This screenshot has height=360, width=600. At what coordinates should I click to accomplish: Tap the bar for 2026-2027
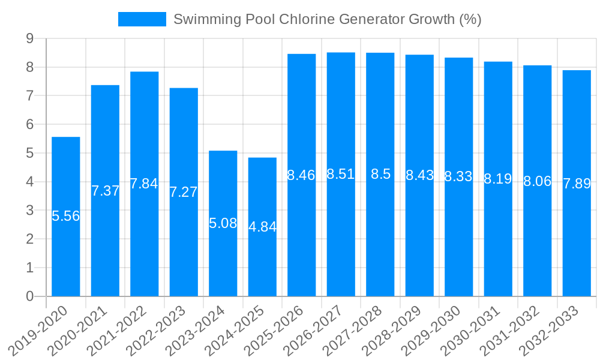[341, 240]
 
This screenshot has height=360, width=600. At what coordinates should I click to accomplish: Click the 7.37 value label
[106, 191]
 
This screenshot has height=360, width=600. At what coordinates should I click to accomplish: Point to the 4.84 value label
[263, 227]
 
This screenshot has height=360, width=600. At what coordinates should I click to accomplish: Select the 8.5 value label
[380, 174]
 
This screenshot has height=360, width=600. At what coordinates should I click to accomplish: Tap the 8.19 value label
[498, 178]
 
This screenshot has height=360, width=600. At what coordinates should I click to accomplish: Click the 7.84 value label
[145, 184]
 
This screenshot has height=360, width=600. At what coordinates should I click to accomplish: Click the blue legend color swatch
[142, 19]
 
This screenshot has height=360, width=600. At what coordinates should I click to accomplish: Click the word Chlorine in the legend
[307, 19]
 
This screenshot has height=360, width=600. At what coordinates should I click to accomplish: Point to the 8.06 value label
[538, 181]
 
